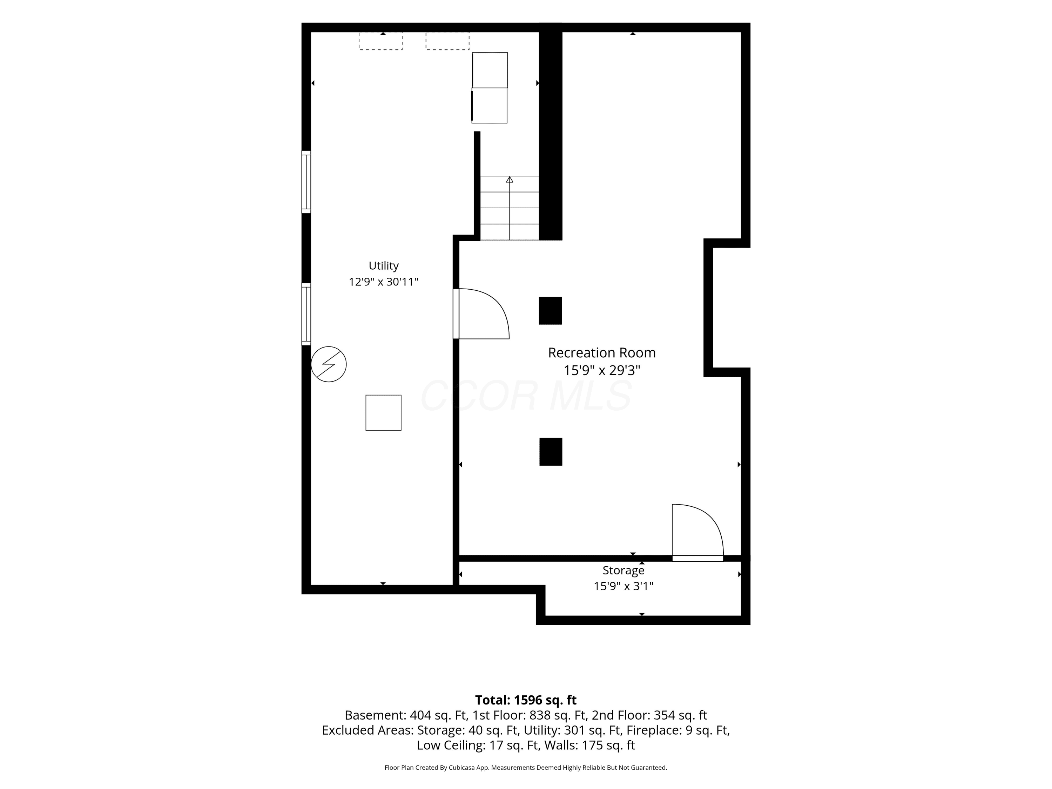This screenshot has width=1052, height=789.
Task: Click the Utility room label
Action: tap(383, 266)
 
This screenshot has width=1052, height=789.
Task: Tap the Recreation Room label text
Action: tap(602, 353)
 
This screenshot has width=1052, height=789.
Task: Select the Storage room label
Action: tap(623, 570)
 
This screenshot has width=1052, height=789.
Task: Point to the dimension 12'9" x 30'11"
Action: tap(383, 282)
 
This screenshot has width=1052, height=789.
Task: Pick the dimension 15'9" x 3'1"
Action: tap(623, 586)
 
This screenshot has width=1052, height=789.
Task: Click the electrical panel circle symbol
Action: tap(329, 364)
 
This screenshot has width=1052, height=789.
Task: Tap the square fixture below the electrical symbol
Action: tap(383, 413)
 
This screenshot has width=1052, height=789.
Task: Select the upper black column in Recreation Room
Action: tap(550, 311)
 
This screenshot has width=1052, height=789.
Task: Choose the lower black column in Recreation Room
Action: tap(551, 452)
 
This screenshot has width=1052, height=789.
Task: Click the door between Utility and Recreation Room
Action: tap(481, 314)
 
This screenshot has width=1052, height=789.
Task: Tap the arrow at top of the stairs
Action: tap(510, 179)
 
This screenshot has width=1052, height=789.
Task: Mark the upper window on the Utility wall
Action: tap(306, 182)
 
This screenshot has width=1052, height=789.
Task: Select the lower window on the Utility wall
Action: tap(306, 314)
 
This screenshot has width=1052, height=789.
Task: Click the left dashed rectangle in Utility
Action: tap(380, 41)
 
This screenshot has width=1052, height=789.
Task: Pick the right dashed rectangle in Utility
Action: tap(447, 41)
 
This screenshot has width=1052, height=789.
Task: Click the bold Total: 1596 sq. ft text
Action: tap(526, 700)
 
